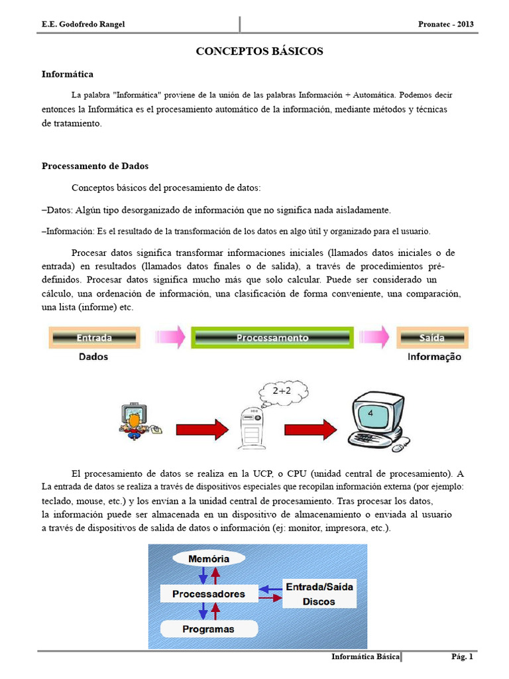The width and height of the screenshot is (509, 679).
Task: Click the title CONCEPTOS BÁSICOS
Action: pyautogui.click(x=259, y=51)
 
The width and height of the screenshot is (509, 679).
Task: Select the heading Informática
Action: pyautogui.click(x=68, y=74)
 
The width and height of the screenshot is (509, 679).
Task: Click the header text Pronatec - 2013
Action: pyautogui.click(x=447, y=25)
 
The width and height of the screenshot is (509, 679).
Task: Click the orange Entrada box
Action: pyautogui.click(x=94, y=338)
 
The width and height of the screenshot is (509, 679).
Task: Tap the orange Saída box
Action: pyautogui.click(x=431, y=338)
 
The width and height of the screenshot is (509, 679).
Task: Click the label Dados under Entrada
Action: pyautogui.click(x=94, y=357)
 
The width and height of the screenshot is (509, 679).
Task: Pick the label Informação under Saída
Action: pyautogui.click(x=434, y=357)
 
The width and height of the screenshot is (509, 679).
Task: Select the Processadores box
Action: pyautogui.click(x=208, y=594)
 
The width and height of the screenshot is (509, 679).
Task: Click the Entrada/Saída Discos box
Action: pyautogui.click(x=319, y=594)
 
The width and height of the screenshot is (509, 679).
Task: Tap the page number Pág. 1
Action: pyautogui.click(x=462, y=657)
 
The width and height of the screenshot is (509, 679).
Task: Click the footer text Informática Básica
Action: pyautogui.click(x=366, y=657)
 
